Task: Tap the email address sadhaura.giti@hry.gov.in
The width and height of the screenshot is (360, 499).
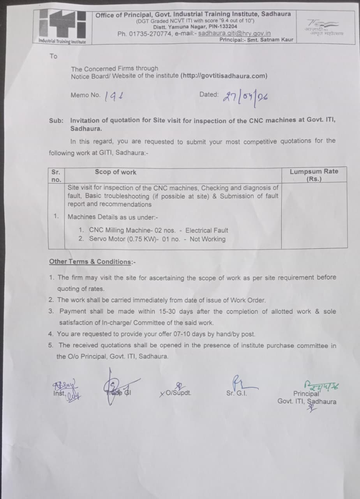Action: (x=235, y=34)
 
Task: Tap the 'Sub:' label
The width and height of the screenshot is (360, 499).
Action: (x=56, y=120)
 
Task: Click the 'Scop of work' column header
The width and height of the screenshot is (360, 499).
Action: (x=115, y=172)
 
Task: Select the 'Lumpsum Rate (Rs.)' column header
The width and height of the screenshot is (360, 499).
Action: (x=314, y=175)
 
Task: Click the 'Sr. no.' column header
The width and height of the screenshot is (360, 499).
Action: (x=56, y=175)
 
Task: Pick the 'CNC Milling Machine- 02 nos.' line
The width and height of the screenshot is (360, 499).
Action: (x=132, y=230)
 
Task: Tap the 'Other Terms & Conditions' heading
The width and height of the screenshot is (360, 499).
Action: (x=92, y=262)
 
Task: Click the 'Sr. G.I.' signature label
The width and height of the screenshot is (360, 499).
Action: (x=236, y=393)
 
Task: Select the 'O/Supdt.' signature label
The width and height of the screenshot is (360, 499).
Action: (x=177, y=393)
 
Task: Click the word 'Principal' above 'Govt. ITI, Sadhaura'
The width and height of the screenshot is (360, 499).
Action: (x=306, y=394)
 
